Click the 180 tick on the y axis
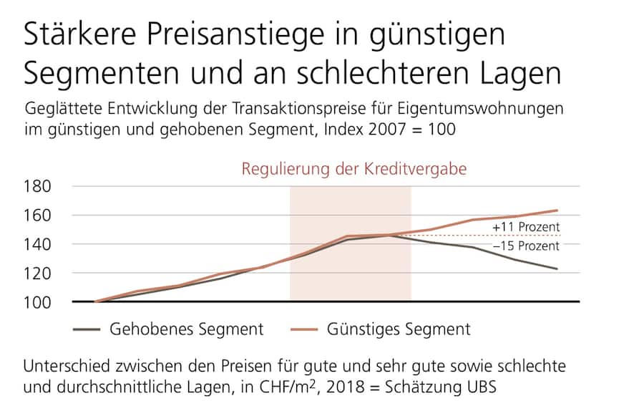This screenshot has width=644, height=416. point(39,187)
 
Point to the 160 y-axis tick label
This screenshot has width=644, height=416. point(39,216)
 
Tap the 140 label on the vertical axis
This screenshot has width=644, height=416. point(39,244)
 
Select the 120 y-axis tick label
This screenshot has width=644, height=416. point(39,274)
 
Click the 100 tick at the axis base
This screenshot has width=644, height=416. point(39,302)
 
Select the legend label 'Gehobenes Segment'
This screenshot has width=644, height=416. point(186,329)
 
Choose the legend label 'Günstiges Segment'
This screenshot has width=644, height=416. point(399,329)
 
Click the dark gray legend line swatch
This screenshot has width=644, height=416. point(87,330)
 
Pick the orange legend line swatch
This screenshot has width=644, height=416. point(304,330)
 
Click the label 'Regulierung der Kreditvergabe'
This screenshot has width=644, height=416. point(354,170)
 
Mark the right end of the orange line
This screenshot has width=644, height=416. point(557,211)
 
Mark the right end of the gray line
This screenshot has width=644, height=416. point(557,269)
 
